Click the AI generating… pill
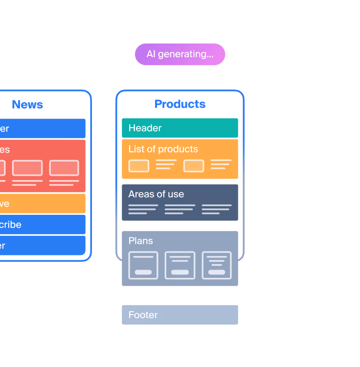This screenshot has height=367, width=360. click(x=180, y=54)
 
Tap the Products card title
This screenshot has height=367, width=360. click(x=180, y=104)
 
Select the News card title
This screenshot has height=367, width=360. click(x=27, y=105)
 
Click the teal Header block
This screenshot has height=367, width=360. click(x=180, y=128)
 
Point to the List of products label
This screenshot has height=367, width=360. click(x=163, y=149)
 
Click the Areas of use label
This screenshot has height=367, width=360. click(x=156, y=194)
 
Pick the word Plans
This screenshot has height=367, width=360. click(x=140, y=241)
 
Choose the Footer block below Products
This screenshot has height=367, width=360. click(x=180, y=315)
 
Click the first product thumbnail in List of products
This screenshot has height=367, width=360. click(x=139, y=166)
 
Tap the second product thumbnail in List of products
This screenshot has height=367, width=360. click(x=194, y=166)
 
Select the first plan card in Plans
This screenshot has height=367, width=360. click(x=143, y=265)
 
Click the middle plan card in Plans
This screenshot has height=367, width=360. click(x=180, y=265)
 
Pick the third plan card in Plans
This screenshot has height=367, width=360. click(x=217, y=265)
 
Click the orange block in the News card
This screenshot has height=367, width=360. click(x=43, y=204)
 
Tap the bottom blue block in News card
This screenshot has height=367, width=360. click(x=43, y=246)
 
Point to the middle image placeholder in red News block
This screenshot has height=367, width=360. click(x=27, y=168)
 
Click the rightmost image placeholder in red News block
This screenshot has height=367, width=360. click(x=64, y=168)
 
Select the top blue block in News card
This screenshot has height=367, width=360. click(x=43, y=129)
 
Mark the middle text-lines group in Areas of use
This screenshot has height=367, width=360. click(x=180, y=209)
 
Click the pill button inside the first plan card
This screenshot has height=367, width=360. click(x=143, y=272)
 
